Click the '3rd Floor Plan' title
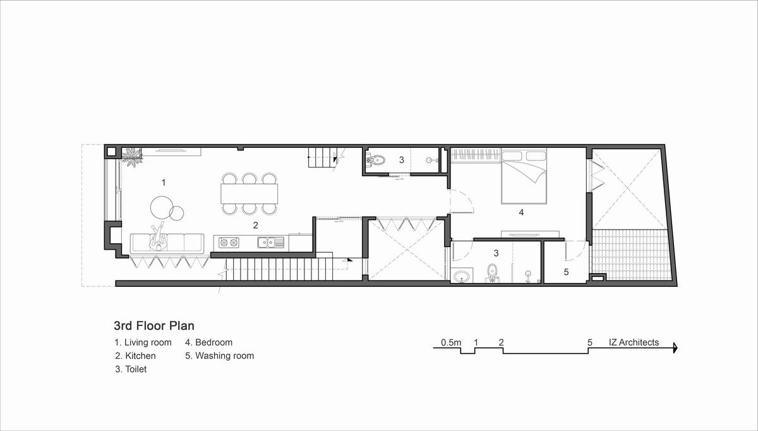click(x=154, y=325)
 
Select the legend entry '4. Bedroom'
click(x=209, y=343)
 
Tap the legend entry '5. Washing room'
click(x=219, y=356)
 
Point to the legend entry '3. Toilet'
click(x=131, y=369)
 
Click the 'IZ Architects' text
click(x=634, y=343)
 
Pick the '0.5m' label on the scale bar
click(x=451, y=343)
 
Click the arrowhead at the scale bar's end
click(x=675, y=348)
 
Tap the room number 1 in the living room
click(x=164, y=183)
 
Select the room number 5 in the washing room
click(x=566, y=272)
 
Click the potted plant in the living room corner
click(x=132, y=157)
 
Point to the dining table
click(x=250, y=193)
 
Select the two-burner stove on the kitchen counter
click(x=229, y=243)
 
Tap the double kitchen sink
click(x=271, y=243)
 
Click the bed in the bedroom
click(x=524, y=177)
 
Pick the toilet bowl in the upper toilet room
click(x=376, y=160)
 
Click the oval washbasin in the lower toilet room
click(x=461, y=277)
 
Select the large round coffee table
click(x=162, y=207)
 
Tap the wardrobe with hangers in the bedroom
click(x=476, y=155)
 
